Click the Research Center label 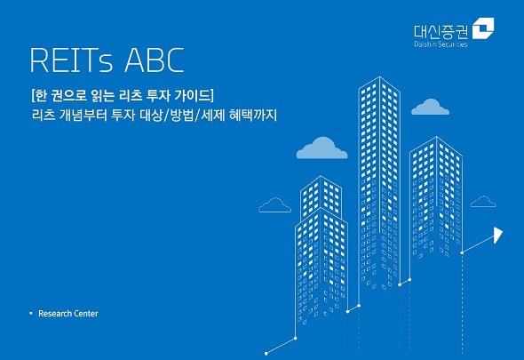click(68, 314)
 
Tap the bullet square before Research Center click(30, 314)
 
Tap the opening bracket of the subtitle click(32, 94)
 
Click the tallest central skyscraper click(379, 178)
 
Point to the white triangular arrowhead click(497, 235)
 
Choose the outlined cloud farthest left click(274, 205)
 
